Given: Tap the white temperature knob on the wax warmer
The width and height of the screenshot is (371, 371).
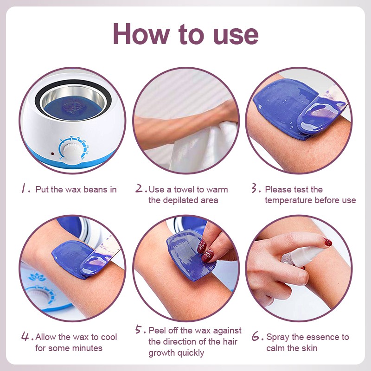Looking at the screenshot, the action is coord(70,150).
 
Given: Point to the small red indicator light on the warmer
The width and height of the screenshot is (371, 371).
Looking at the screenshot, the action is coord(52,154).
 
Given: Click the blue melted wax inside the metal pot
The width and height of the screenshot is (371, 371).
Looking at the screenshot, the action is coord(73,108).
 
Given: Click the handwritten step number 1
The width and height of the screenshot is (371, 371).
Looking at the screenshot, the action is coord(24,189).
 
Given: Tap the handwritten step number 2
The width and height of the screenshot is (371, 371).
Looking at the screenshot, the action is coord(140,188).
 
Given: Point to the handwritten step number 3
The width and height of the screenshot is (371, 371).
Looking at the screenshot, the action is coord(255,188).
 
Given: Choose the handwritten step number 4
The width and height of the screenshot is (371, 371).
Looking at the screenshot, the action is coord(26,336).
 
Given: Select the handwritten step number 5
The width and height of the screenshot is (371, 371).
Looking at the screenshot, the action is coord(139,329).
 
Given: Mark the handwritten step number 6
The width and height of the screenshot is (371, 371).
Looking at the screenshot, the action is coord(256,336).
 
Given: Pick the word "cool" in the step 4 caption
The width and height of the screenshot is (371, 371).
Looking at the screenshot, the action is coord(109,337).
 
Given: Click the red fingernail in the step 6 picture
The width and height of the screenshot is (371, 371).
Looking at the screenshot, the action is coord(328,242).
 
